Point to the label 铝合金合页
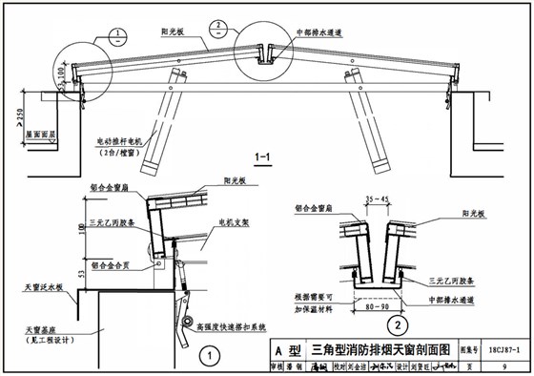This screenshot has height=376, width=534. click(x=105, y=258)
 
